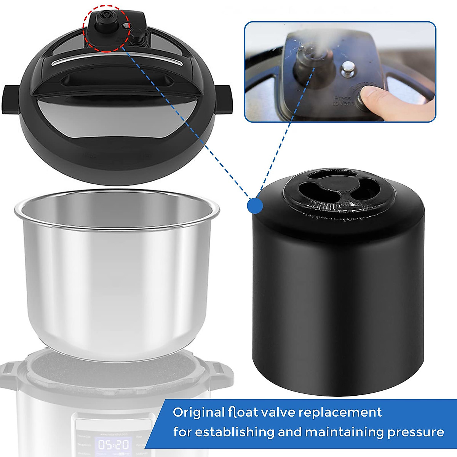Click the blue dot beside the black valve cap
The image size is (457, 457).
pyautogui.click(x=255, y=206)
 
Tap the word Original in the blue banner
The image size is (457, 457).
pyautogui.click(x=198, y=412)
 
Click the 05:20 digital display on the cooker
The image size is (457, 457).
pyautogui.click(x=113, y=444)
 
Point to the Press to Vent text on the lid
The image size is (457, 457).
pyautogui.click(x=342, y=101)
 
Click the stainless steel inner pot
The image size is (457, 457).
pyautogui.click(x=116, y=274)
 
